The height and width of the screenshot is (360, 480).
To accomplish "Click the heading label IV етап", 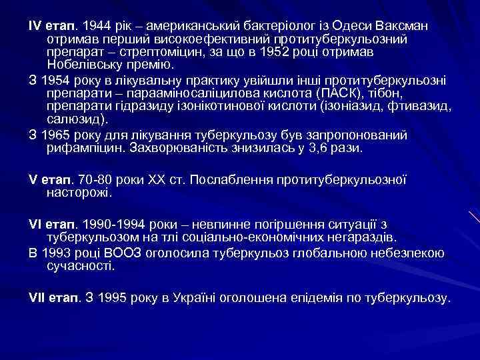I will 52,26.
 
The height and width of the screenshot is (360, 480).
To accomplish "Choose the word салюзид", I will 72,119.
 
